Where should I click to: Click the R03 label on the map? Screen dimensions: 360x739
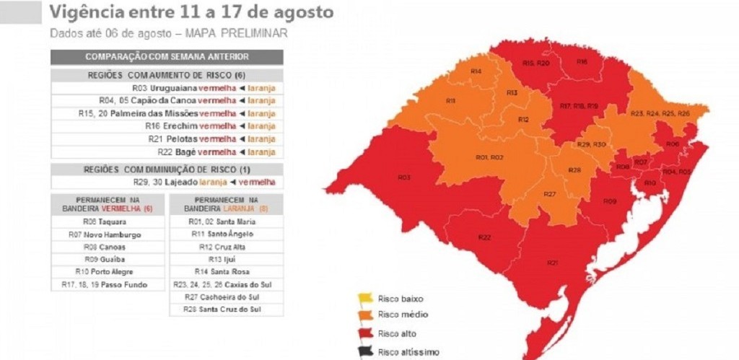click(x=404, y=177)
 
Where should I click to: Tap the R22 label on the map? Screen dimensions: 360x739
click(x=484, y=237)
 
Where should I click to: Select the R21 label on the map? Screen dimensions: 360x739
click(x=552, y=263)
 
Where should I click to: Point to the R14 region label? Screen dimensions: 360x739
click(x=476, y=71)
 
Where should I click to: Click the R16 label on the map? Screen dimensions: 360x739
click(x=582, y=62)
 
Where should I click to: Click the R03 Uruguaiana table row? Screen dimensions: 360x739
click(x=167, y=88)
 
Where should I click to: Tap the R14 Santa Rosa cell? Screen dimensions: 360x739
click(x=226, y=272)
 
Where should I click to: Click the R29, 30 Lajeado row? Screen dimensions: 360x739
click(x=167, y=183)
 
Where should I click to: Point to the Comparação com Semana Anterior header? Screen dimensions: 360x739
click(x=167, y=57)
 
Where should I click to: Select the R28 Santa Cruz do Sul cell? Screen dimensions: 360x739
click(x=226, y=309)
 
